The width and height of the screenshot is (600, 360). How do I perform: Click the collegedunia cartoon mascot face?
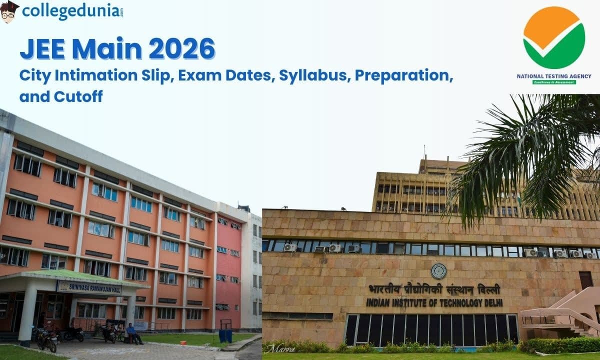coord(9,11)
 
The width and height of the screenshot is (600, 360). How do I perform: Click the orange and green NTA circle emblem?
coord(554,37)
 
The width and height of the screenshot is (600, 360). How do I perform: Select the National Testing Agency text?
coord(554,76)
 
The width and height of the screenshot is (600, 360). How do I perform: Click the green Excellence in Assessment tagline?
coord(554,82)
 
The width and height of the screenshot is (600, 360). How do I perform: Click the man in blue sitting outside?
coord(132,333)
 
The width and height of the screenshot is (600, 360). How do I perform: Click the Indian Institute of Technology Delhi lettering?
coord(434,303)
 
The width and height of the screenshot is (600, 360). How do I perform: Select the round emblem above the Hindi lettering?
coord(438,270)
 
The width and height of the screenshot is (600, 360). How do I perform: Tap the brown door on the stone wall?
coord(586,280)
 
